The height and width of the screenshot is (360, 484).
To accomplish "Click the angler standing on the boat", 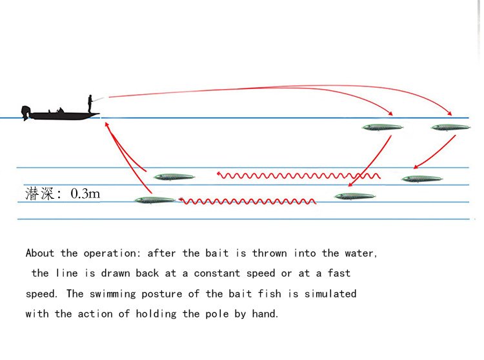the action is (90, 104).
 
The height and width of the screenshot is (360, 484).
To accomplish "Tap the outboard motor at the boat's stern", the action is (26, 113).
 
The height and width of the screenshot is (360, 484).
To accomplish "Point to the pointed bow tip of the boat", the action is (99, 114).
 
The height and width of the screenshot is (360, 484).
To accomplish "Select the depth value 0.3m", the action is (85, 194).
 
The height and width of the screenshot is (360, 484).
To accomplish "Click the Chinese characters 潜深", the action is (39, 194).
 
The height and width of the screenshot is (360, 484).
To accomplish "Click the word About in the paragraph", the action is (40, 253).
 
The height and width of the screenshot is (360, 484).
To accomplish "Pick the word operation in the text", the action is (110, 254).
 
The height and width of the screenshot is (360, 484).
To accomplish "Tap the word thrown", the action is (270, 254).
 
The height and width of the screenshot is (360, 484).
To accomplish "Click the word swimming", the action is (113, 294).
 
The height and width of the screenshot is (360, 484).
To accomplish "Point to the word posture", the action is (162, 294).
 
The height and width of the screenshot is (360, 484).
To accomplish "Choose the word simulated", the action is (330, 294).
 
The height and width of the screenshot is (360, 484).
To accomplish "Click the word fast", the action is (339, 273).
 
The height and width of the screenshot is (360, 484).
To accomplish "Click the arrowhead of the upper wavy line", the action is (219, 175).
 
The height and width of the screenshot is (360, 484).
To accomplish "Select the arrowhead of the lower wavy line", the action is (181, 201).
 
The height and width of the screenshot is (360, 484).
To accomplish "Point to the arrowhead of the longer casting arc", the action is (449, 113).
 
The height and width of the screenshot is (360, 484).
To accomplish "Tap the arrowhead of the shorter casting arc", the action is (390, 113).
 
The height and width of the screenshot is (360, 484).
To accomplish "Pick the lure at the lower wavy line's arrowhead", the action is (155, 200).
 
